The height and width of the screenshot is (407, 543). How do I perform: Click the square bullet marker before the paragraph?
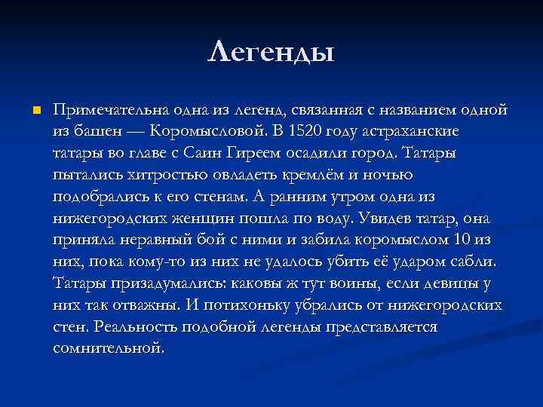[x=34, y=111]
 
